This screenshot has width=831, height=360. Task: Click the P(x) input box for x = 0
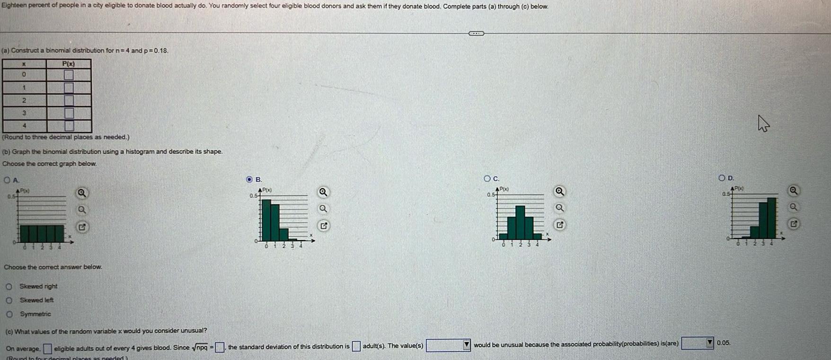tap(69, 75)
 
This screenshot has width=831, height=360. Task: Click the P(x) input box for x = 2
tap(69, 100)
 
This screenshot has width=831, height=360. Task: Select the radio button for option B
tap(249, 180)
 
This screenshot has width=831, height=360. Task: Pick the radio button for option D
tap(721, 178)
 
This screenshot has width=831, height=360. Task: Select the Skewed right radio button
tap(9, 286)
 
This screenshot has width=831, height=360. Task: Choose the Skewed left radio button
tap(9, 300)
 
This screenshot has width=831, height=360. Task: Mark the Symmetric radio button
tap(9, 314)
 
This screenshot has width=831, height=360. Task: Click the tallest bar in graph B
tap(266, 220)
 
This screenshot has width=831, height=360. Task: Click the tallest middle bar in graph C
tap(520, 222)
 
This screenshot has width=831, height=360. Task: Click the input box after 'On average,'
tap(47, 349)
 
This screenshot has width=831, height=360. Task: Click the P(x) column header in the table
tap(69, 63)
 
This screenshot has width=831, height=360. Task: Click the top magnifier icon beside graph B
tap(323, 192)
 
